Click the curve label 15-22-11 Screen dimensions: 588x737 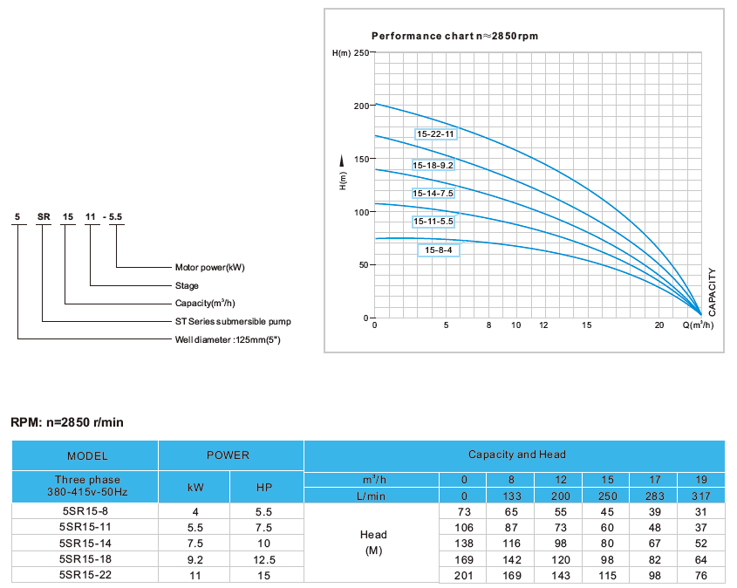[435, 134]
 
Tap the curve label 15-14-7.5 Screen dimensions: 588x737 [433, 193]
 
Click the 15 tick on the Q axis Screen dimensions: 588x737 [587, 325]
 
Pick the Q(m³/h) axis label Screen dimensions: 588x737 [698, 325]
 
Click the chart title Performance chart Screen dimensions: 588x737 [454, 36]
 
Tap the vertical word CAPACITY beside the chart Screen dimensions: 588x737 [713, 291]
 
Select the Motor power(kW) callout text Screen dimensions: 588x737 [210, 268]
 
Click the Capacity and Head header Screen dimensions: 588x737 [516, 455]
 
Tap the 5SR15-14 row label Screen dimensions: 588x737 [85, 543]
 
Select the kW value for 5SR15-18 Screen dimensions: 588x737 [195, 558]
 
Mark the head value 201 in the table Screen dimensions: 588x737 [464, 574]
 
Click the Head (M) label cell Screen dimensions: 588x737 [372, 543]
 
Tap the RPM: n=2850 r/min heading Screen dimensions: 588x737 [67, 422]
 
